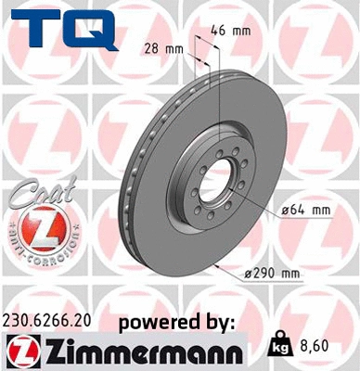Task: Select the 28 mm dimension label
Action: tap(165, 47)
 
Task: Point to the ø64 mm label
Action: tap(305, 211)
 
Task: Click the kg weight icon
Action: tap(277, 347)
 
